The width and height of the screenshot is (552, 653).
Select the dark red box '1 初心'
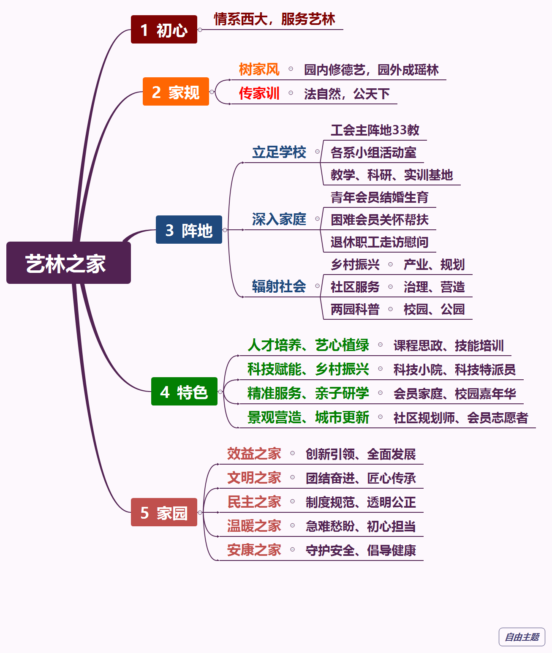click(x=164, y=30)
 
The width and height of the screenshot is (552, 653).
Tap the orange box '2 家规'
click(x=176, y=92)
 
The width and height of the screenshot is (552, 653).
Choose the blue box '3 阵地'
click(x=189, y=230)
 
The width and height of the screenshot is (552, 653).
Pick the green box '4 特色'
click(x=184, y=392)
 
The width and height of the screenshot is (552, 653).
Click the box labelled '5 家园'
click(x=164, y=512)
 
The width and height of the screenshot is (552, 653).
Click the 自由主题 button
click(x=522, y=637)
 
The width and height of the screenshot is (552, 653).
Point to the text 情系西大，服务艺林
click(x=274, y=19)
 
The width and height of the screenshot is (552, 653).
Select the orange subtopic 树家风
click(x=259, y=69)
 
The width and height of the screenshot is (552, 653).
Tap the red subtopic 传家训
click(x=259, y=93)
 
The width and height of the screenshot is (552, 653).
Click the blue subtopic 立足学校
click(x=279, y=152)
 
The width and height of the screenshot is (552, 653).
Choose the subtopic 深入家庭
click(x=279, y=219)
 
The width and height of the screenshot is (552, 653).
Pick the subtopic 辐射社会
click(x=279, y=286)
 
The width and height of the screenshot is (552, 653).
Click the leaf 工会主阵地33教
click(x=375, y=130)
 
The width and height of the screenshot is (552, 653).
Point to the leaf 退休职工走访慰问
click(x=379, y=242)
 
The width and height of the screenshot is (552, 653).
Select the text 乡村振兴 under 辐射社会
click(x=355, y=264)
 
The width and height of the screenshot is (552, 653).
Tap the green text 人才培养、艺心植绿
click(x=308, y=345)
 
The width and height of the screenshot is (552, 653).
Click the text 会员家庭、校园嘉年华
click(x=454, y=394)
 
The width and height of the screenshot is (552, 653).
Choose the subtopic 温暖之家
click(x=254, y=526)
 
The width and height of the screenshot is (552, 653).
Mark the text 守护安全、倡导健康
click(x=361, y=550)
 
